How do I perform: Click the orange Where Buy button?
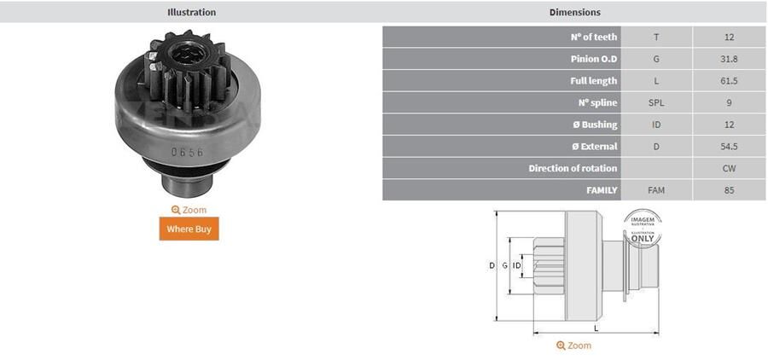point(189,229)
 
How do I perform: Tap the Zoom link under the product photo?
point(189,210)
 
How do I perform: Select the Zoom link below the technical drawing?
point(573,345)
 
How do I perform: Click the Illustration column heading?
point(191,13)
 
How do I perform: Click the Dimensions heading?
point(574,13)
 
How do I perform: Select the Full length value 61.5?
point(728,81)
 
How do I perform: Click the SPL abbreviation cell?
point(655,103)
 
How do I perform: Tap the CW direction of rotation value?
point(728,169)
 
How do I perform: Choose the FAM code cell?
point(655,190)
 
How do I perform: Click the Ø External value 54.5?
point(728,147)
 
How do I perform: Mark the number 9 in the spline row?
point(728,103)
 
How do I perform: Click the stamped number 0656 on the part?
point(187,152)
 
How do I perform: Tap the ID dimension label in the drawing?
point(517,266)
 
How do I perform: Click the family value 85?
point(728,190)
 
